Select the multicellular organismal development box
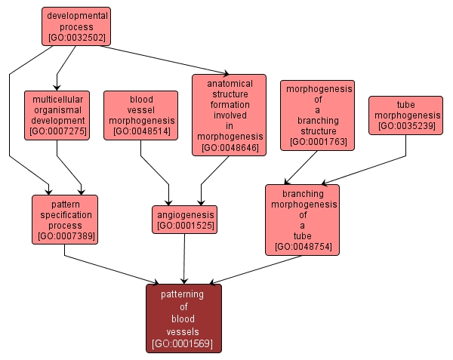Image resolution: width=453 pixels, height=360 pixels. tap(57, 115)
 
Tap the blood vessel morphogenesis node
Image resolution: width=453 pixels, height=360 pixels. tap(140, 115)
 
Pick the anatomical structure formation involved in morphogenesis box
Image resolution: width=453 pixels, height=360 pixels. tap(230, 114)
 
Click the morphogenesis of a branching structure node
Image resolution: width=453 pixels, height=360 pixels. tap(317, 115)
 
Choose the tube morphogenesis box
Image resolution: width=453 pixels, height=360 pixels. tap(405, 115)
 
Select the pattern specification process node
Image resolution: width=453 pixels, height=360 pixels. tap(65, 219)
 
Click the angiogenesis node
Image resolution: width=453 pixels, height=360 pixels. tap(184, 219)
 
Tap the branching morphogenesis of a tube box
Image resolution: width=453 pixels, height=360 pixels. tap(302, 219)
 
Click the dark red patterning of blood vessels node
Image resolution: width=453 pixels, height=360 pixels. tap(183, 318)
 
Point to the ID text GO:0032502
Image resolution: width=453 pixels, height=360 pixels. tap(75, 35)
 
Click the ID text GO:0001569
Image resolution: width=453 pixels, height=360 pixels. tap(183, 343)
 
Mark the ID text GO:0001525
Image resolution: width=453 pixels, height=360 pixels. tap(184, 225)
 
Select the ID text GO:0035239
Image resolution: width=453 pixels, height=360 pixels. tap(405, 126)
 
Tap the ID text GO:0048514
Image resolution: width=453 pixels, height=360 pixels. tap(140, 131)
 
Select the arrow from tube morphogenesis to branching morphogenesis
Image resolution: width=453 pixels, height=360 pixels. tap(362, 171)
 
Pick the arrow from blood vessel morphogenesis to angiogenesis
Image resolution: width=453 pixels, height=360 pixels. tap(156, 173)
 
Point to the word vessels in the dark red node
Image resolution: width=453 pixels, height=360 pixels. tap(183, 331)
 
